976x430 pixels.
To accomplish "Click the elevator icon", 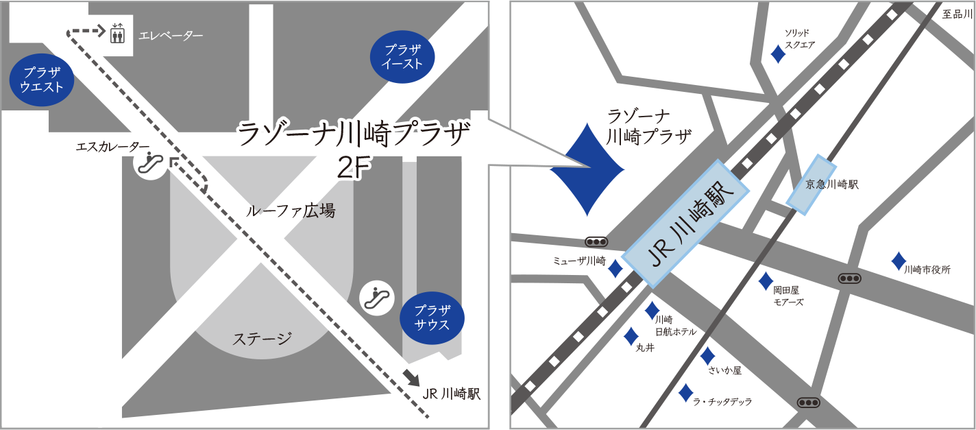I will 117,33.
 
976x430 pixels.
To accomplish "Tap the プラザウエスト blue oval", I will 42,80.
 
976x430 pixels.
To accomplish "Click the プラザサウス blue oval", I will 432,318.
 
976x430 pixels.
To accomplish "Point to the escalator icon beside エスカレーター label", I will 151,163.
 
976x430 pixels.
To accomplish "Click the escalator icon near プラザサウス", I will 376,297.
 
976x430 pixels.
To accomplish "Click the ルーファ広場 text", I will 291,211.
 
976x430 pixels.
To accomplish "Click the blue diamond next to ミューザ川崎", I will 615,268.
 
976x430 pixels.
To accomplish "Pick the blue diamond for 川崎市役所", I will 898,261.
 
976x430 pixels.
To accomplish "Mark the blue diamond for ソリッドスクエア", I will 779,54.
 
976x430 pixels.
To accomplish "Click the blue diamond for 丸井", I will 631,336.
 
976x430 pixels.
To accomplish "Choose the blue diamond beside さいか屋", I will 707,357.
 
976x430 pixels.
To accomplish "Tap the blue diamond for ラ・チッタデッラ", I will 685,393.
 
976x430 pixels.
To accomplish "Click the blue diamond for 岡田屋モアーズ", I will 766,280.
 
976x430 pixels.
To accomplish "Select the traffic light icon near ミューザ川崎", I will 596,242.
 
